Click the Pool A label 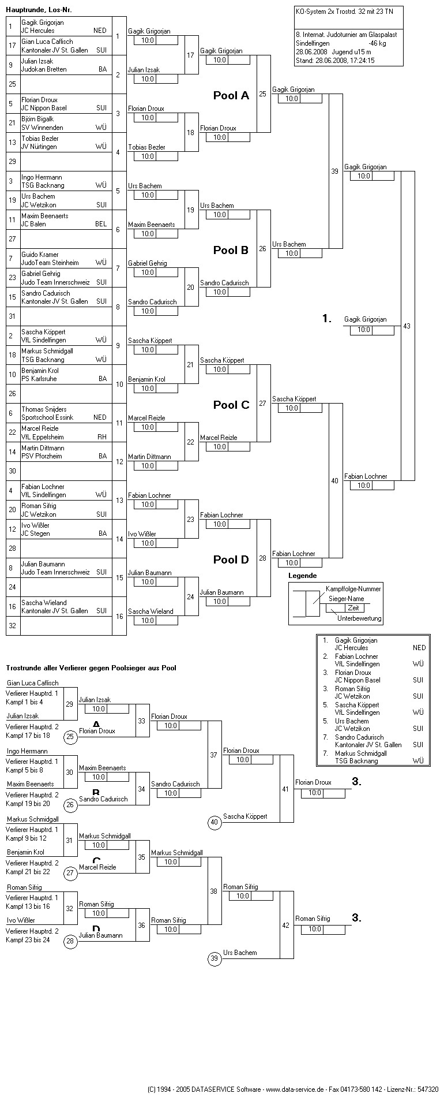tap(231, 96)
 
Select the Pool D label tap(231, 559)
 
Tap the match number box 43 tap(407, 326)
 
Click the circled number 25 tap(70, 737)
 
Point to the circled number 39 tap(215, 959)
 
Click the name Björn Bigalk tap(37, 119)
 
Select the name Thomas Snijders tap(44, 409)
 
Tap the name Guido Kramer tap(40, 255)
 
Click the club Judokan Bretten tap(44, 69)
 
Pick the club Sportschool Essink tap(47, 417)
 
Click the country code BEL tap(101, 224)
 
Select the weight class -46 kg tap(377, 43)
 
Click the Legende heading tap(302, 576)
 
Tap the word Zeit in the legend tap(353, 608)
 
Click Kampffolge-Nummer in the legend tap(353, 589)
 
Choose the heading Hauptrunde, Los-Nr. tap(39, 10)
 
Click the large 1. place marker tap(327, 319)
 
